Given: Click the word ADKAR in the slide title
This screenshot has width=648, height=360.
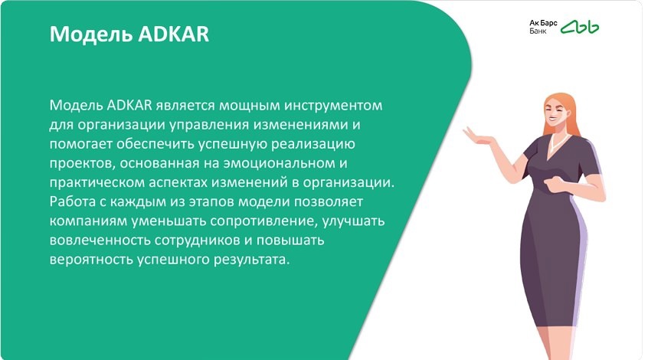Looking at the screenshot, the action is (174, 34).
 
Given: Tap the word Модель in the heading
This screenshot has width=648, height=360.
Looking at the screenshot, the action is (92, 34).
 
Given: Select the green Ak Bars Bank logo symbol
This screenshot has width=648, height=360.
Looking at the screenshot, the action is (580, 28).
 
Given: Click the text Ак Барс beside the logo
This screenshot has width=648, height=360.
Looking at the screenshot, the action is (543, 23).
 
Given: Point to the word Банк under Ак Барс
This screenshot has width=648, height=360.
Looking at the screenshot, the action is (538, 31).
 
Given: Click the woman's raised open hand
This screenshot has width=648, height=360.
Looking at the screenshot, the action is (478, 136).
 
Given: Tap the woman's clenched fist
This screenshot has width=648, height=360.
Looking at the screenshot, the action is (554, 183).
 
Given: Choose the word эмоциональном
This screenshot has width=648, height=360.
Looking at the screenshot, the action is (280, 164).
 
